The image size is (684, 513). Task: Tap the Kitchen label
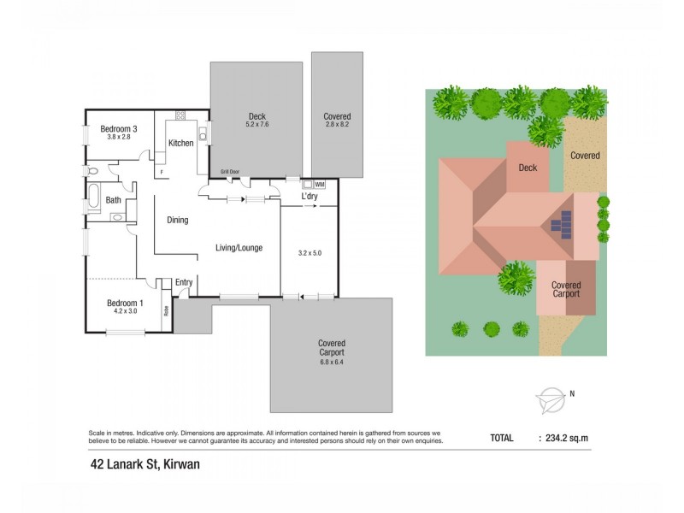click(180, 143)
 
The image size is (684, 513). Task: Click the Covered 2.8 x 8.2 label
click(337, 121)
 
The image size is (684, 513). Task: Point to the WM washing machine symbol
click(319, 184)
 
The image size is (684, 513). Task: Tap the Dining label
click(177, 221)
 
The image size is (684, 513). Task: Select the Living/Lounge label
click(239, 248)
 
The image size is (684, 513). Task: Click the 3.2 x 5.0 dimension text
click(309, 253)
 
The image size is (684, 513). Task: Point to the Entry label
click(184, 283)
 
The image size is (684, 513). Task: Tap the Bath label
click(113, 201)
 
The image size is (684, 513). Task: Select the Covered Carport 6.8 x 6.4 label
click(331, 348)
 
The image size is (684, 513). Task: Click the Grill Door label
click(230, 172)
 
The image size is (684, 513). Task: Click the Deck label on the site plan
click(528, 168)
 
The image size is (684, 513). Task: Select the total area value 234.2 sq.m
click(567, 438)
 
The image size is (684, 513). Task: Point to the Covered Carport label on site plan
click(565, 289)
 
